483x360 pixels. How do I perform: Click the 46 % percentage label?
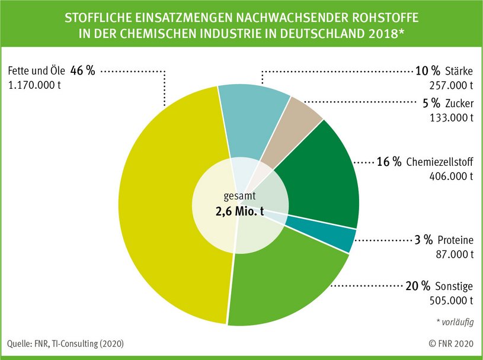tap(82, 70)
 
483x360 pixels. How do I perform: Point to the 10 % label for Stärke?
tap(424, 72)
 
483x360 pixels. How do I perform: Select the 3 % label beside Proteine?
tap(423, 240)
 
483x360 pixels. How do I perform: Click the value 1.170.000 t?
tap(34, 85)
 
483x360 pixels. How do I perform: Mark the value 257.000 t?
tap(451, 85)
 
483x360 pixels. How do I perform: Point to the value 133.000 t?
tap(451, 117)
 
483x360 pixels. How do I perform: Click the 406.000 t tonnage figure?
tap(451, 176)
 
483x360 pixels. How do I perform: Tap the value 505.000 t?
tap(451, 300)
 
